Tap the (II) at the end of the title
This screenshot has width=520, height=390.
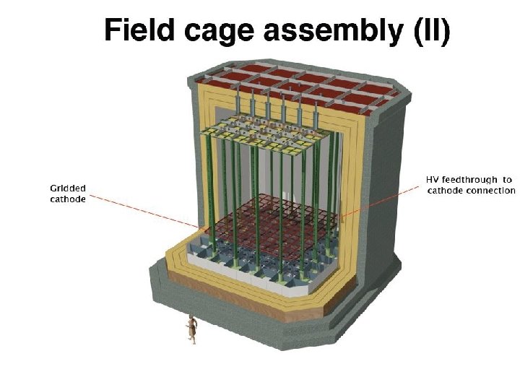click(432, 32)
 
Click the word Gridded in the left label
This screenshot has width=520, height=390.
click(66, 188)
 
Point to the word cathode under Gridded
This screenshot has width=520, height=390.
click(67, 199)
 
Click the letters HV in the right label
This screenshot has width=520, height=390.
click(432, 180)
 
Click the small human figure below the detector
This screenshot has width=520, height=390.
click(191, 329)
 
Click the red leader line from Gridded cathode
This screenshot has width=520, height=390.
click(144, 209)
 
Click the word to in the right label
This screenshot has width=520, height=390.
click(508, 180)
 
